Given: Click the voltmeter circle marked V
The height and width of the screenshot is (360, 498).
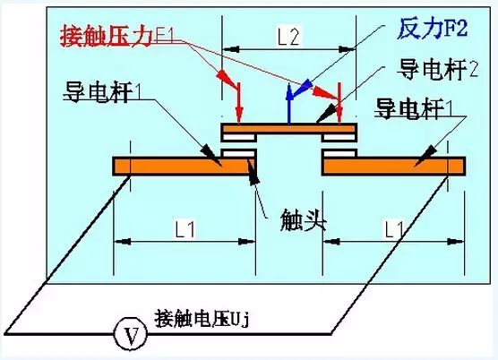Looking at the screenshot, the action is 131,334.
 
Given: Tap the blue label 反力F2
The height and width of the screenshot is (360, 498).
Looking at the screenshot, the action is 433,29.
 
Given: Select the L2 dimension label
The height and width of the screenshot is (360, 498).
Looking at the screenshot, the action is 288,38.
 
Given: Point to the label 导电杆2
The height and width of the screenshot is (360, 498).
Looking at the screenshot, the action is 438,70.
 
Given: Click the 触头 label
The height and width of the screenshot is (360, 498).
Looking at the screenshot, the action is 303,220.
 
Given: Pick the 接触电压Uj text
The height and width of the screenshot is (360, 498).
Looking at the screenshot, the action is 202,318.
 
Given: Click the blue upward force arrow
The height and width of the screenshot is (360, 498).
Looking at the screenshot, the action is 288,104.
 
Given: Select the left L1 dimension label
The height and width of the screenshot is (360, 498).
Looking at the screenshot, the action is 185,228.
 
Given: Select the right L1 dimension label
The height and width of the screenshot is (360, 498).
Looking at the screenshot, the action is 394,228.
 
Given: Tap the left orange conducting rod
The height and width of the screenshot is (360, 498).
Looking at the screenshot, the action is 185,166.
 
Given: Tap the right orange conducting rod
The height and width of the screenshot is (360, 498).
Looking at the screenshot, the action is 393,166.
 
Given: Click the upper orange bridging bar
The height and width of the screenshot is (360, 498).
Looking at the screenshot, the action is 289,128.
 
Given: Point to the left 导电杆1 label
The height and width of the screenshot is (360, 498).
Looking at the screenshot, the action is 102,92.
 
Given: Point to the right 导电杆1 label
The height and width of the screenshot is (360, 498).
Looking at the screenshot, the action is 414,108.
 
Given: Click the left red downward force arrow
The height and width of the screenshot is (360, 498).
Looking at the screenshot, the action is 239,102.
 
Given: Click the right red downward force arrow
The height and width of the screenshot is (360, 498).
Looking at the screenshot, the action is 339,103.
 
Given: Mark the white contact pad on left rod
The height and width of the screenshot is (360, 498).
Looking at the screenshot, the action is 238,153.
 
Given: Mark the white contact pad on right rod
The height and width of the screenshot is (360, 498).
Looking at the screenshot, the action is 339,153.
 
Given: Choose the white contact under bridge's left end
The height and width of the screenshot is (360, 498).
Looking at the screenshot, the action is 239,137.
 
